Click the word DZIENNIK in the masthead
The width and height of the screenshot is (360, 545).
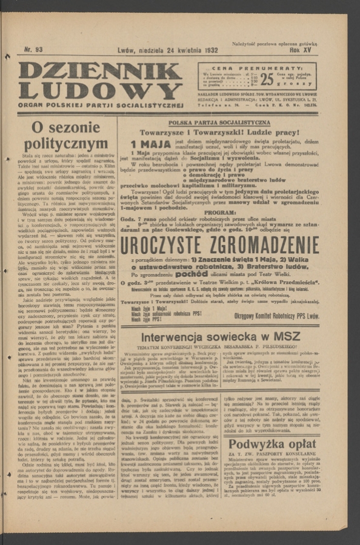click(x=100, y=71)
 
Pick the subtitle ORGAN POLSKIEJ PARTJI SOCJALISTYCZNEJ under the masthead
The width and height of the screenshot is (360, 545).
click(x=100, y=104)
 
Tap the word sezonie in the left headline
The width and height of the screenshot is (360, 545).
click(x=74, y=128)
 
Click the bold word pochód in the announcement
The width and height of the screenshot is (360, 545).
click(x=194, y=274)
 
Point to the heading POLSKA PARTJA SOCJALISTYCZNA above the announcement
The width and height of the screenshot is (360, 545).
click(x=219, y=122)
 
